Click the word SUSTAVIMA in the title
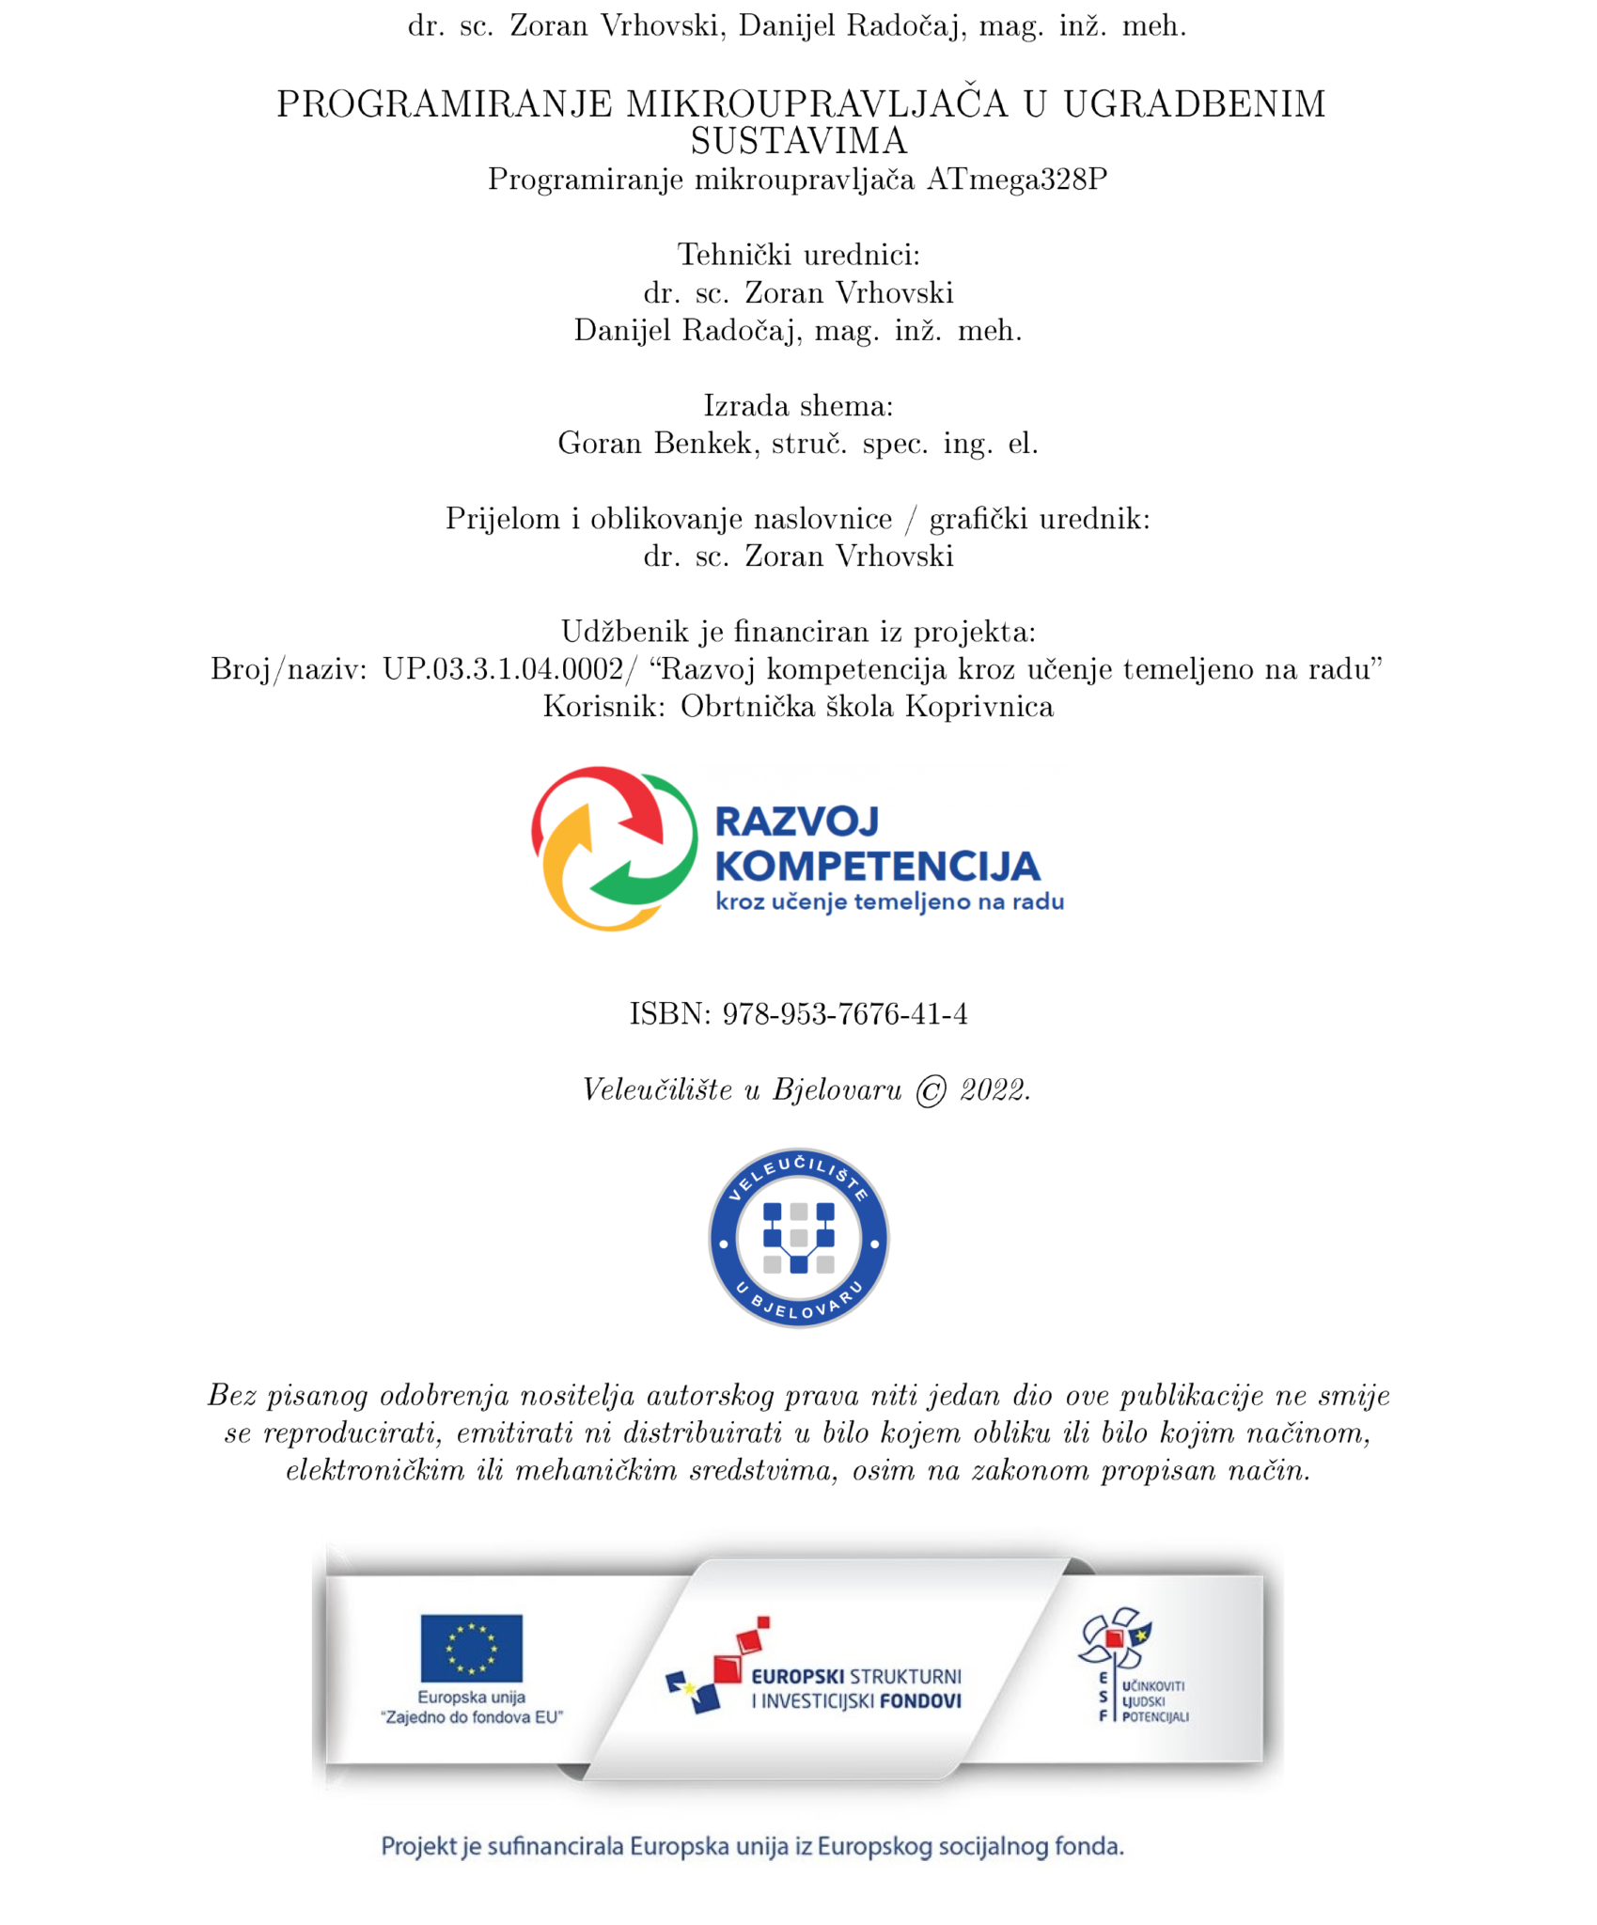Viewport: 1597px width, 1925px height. point(798,142)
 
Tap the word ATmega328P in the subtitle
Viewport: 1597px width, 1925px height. point(1016,179)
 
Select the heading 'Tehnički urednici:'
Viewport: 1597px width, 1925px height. point(798,255)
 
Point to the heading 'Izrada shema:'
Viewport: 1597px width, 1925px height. point(798,405)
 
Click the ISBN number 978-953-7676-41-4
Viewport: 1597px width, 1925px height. point(844,1014)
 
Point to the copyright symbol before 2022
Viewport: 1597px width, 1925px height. point(930,1091)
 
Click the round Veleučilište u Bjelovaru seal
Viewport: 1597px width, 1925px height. point(798,1238)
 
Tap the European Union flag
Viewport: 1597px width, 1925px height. point(471,1648)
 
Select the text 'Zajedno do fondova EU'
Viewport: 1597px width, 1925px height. point(471,1718)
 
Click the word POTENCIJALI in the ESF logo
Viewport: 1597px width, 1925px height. point(1155,1717)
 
